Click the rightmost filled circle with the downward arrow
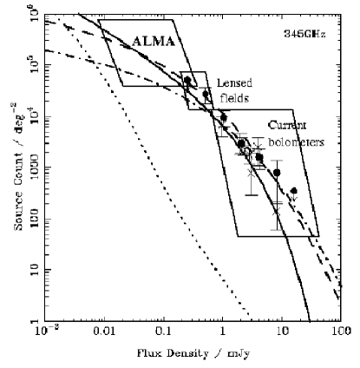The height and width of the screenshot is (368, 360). point(293,191)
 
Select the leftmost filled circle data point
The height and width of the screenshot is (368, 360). point(187,81)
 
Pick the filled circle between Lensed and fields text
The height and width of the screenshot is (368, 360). point(206,94)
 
